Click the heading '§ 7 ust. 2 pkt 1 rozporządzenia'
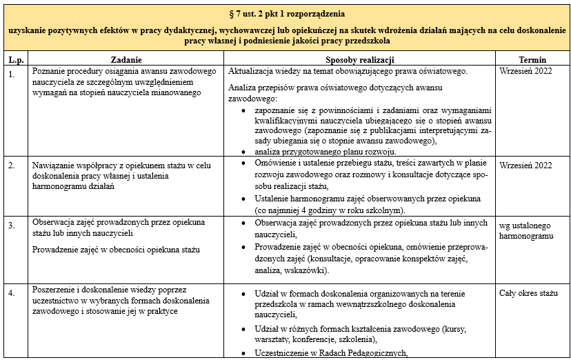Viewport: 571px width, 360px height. tap(286, 14)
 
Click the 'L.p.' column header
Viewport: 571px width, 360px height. tap(15, 60)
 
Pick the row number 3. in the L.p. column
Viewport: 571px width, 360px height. tap(12, 225)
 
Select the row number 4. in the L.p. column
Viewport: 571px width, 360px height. tap(12, 293)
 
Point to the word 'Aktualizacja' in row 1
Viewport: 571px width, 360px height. tap(252, 72)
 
